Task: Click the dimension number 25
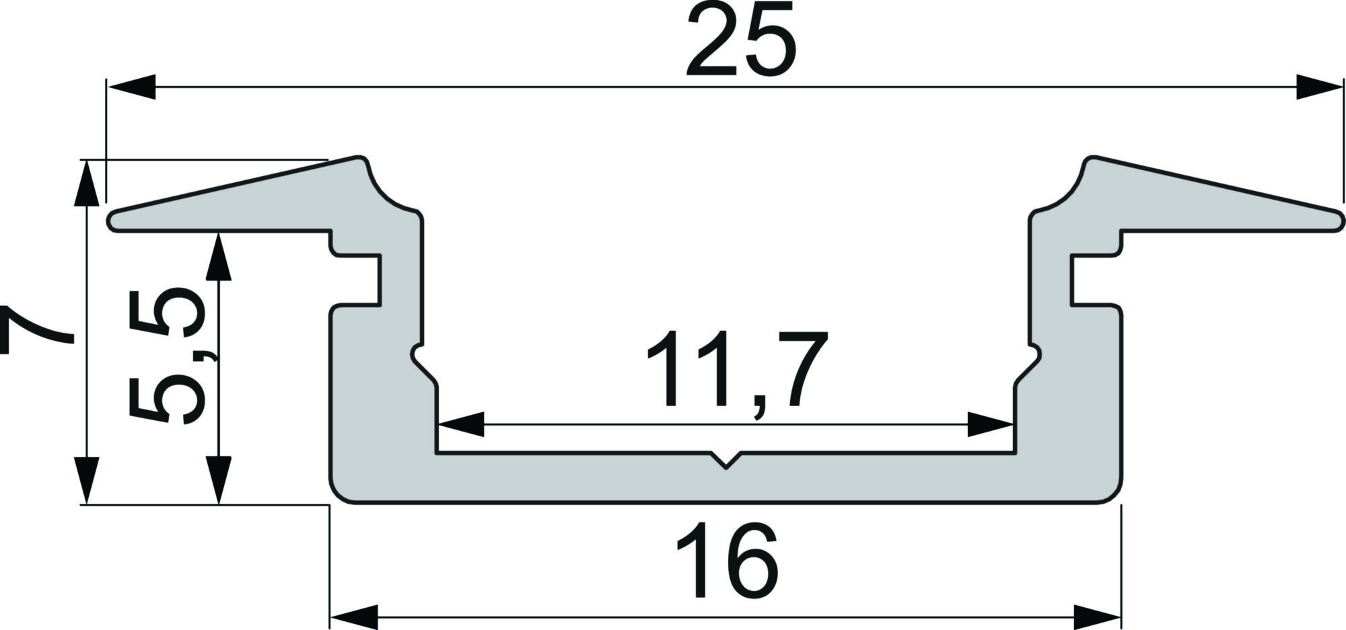pyautogui.click(x=741, y=40)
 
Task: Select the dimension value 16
pyautogui.click(x=727, y=562)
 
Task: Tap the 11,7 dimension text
pyautogui.click(x=736, y=372)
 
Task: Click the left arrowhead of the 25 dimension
pyautogui.click(x=132, y=87)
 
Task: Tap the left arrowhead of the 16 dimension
pyautogui.click(x=354, y=617)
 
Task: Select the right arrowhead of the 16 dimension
pyautogui.click(x=1097, y=617)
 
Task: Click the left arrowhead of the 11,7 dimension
pyautogui.click(x=460, y=424)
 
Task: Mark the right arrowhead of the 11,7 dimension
pyautogui.click(x=991, y=424)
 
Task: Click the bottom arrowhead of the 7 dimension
pyautogui.click(x=85, y=480)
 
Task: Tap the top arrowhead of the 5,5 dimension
pyautogui.click(x=219, y=256)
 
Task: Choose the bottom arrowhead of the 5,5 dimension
pyautogui.click(x=219, y=480)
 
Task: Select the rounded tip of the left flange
pyautogui.click(x=114, y=222)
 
